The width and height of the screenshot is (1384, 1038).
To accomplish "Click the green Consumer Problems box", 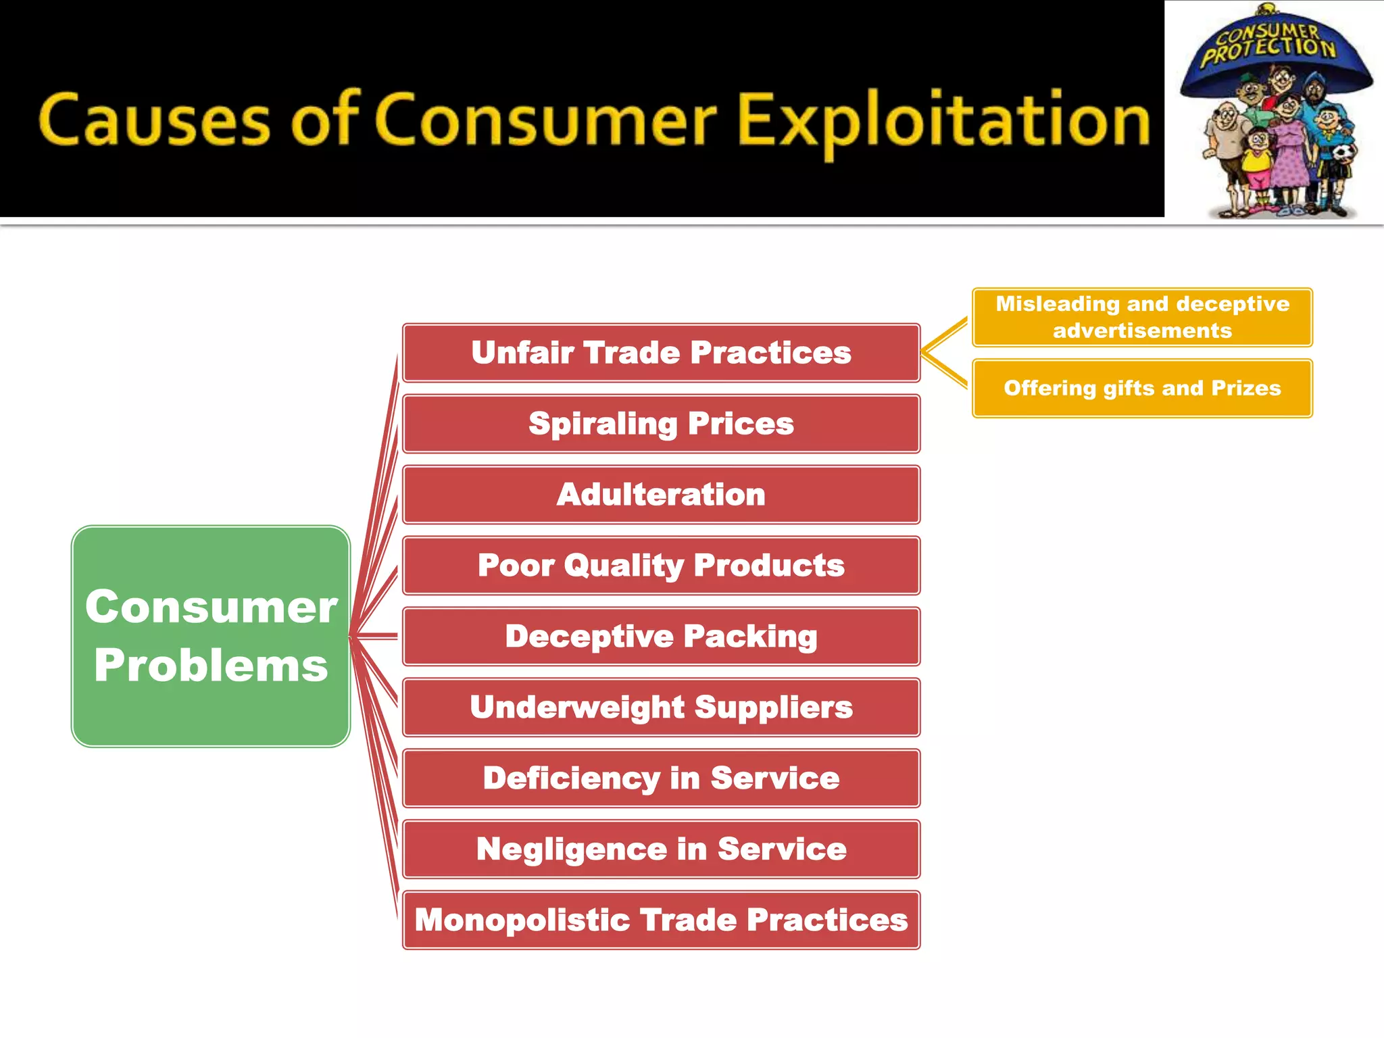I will pos(211,636).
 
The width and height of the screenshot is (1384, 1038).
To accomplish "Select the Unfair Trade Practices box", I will pos(661,353).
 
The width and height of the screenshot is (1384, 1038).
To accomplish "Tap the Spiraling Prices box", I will pos(661,424).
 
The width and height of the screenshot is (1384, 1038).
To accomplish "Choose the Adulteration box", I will pos(661,495).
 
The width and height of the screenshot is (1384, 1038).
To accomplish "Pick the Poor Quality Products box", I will pos(661,566).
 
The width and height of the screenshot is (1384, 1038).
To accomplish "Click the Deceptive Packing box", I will pos(661,637).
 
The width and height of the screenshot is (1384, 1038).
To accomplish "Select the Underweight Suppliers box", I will pos(661,708).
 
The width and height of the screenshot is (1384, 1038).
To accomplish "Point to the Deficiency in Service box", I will pos(661,778).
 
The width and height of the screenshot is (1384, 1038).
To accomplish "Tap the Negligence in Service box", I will pos(661,849).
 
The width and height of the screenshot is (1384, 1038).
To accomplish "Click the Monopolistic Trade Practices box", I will pos(661,920).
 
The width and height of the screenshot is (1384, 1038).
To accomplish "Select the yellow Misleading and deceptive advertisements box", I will pos(1142,317).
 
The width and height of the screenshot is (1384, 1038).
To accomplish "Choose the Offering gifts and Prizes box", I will pos(1142,388).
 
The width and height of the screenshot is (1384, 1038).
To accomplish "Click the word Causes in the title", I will pos(154,120).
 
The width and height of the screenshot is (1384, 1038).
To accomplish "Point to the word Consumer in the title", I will pos(545,120).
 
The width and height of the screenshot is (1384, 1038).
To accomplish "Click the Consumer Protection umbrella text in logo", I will pos(1268,45).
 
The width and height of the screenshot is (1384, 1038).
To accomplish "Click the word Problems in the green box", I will pos(211,666).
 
